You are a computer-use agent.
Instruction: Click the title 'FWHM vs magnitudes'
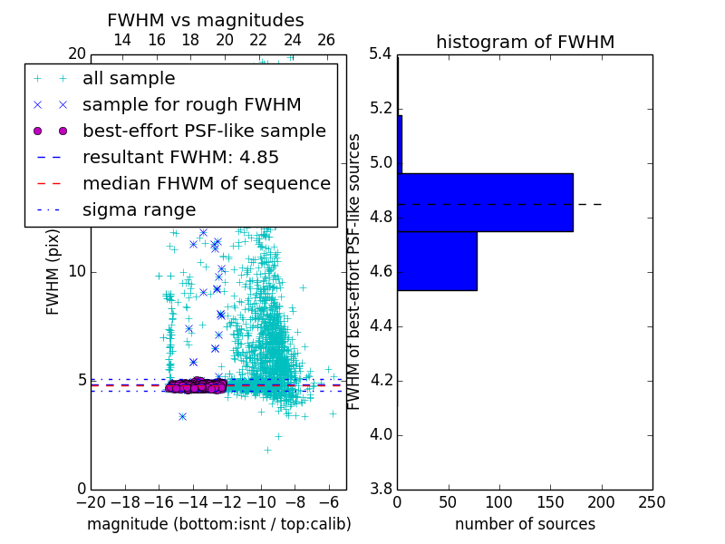(x=206, y=20)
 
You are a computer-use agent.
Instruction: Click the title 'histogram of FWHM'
(x=525, y=42)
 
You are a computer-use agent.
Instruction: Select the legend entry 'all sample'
(x=129, y=79)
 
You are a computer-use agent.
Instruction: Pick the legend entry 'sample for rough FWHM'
(x=191, y=105)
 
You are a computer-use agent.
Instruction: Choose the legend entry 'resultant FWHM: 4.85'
(x=180, y=158)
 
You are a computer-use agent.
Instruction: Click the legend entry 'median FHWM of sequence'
(x=206, y=184)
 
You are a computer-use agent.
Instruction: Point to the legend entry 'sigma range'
(x=139, y=210)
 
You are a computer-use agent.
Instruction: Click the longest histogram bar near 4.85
(x=485, y=202)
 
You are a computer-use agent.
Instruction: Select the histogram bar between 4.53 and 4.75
(x=437, y=261)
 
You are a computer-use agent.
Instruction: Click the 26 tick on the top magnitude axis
(x=326, y=40)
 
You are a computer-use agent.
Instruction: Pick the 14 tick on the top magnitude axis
(x=121, y=40)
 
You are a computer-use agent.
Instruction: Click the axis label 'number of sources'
(x=525, y=524)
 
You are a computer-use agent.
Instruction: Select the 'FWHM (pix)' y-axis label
(x=53, y=270)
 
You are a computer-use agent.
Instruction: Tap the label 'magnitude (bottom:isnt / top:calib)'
(x=218, y=524)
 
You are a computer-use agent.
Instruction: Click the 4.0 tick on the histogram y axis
(x=380, y=434)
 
